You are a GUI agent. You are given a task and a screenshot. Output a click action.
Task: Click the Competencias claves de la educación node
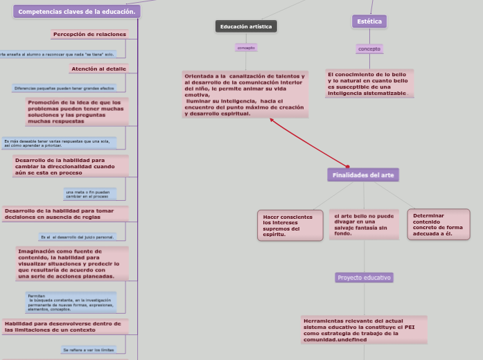tap(76, 12)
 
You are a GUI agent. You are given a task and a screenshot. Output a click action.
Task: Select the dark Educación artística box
tap(246, 26)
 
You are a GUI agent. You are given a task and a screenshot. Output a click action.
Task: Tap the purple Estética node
tap(369, 21)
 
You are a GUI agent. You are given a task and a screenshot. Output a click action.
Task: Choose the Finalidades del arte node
tap(363, 175)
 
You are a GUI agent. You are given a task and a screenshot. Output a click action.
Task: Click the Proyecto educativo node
tap(364, 278)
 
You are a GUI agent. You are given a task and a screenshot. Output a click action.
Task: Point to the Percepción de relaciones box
tap(89, 34)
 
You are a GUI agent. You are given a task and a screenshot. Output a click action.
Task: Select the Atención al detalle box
tap(98, 69)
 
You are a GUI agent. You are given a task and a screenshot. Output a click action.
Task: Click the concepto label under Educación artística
tap(246, 48)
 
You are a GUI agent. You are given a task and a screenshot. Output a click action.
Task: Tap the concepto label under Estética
tap(369, 48)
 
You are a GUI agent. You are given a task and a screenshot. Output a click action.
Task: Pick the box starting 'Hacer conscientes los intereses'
tap(290, 226)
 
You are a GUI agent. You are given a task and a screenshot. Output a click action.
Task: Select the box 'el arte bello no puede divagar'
tap(364, 224)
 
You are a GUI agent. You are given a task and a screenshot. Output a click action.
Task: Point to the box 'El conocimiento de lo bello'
tap(369, 83)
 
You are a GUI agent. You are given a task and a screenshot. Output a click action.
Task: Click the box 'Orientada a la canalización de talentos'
tap(245, 94)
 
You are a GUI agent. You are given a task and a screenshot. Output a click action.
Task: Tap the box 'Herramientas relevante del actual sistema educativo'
tap(364, 330)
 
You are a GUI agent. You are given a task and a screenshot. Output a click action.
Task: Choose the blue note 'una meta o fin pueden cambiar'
tap(88, 194)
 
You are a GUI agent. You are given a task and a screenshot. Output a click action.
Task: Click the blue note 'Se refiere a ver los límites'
tap(88, 350)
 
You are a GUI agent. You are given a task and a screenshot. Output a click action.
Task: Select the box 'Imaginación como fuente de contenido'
tap(72, 263)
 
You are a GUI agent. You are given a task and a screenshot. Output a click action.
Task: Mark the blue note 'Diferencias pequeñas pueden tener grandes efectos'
tap(64, 88)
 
